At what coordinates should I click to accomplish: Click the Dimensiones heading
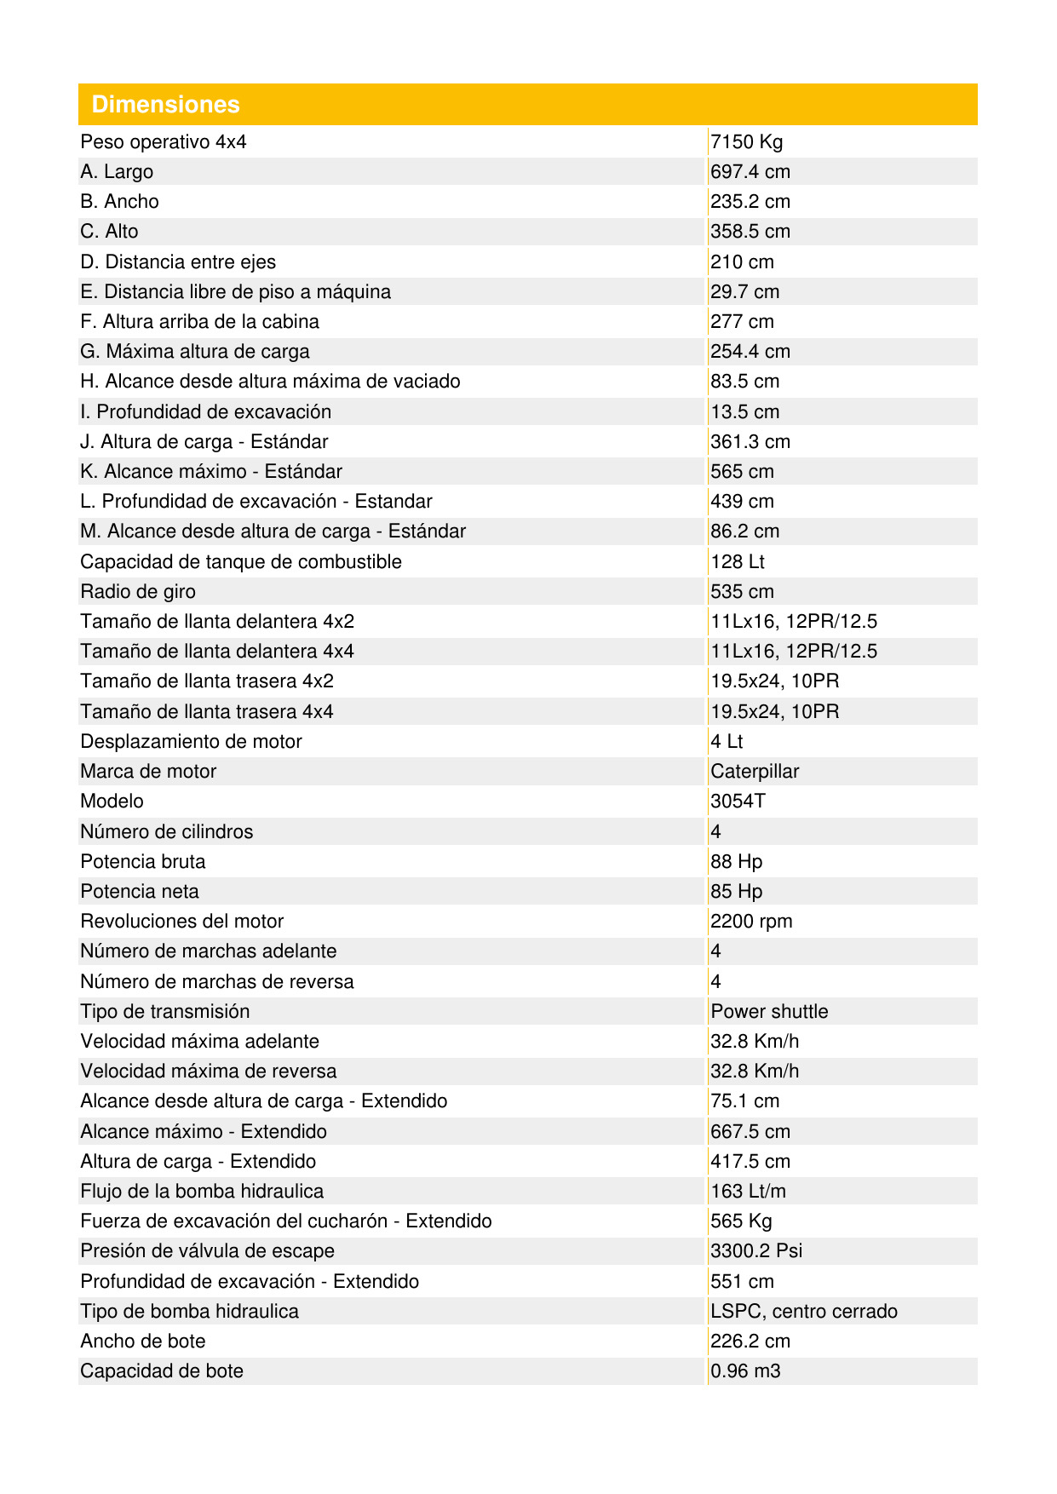point(166,105)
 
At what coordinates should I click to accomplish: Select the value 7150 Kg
point(746,142)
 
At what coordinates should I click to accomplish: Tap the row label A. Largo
point(117,172)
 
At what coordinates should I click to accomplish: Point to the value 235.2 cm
point(750,202)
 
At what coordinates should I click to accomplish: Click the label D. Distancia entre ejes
point(178,262)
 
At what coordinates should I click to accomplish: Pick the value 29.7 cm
point(745,292)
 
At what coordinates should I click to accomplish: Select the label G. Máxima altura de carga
point(195,352)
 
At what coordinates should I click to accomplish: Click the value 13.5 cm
point(745,412)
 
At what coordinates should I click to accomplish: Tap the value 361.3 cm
point(750,442)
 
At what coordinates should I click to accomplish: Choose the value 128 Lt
point(738,562)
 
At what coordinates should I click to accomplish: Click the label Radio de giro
point(138,592)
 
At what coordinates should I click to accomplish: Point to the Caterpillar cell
point(755,772)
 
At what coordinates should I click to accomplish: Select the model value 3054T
point(738,802)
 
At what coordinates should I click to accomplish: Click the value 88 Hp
point(737,862)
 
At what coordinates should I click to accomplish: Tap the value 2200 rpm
point(751,922)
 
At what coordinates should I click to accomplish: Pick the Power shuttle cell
point(769,1012)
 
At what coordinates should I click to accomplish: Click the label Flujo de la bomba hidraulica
point(202,1192)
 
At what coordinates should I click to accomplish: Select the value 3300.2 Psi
point(756,1251)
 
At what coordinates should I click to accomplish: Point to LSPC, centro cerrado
point(804,1312)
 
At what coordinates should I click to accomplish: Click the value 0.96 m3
point(745,1371)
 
